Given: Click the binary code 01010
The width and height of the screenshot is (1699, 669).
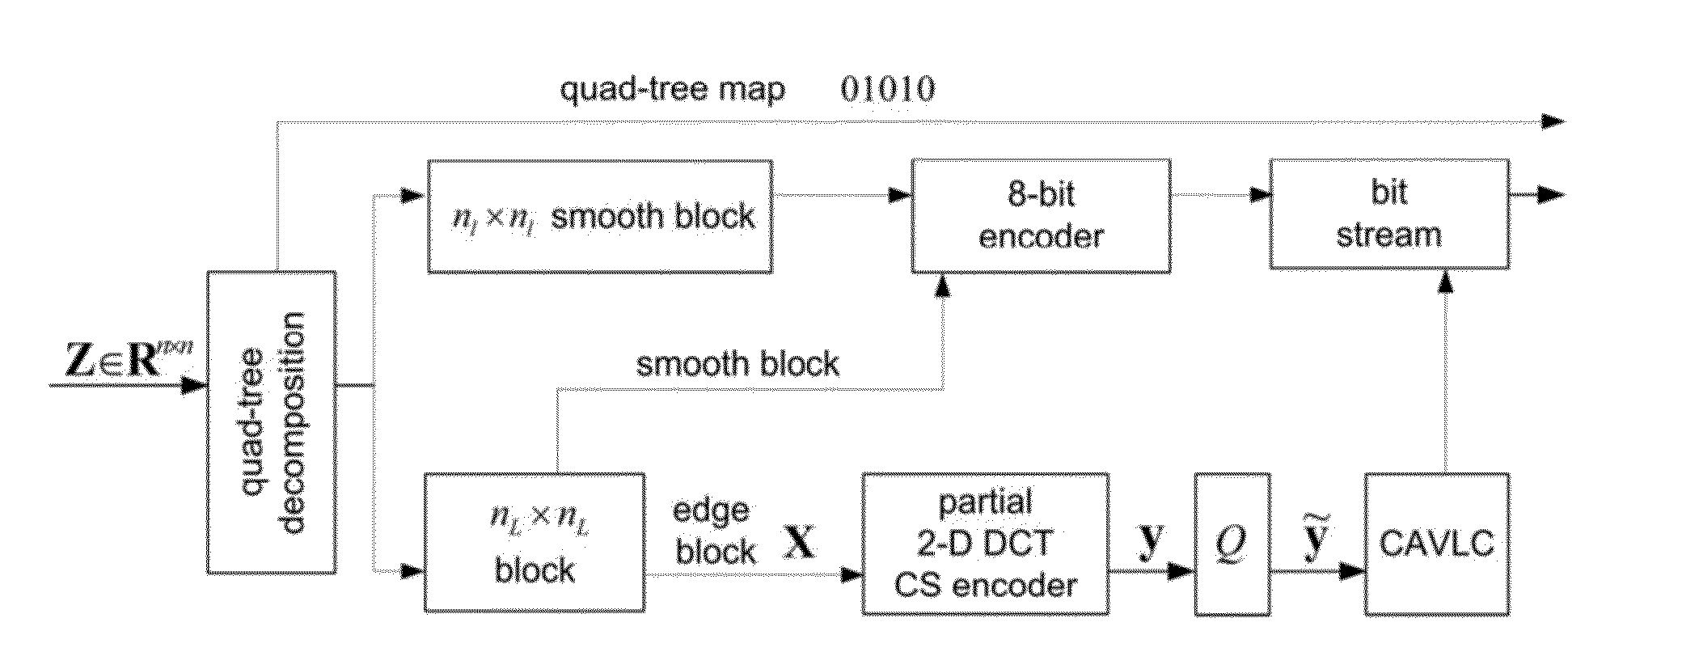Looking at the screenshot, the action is click(888, 88).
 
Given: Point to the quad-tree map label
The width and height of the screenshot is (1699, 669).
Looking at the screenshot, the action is click(672, 88).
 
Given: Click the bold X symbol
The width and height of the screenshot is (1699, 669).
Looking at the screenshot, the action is click(800, 542).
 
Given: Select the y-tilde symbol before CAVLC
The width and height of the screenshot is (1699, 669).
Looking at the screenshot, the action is click(1316, 536).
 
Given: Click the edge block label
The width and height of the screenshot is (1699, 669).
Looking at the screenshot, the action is click(714, 531).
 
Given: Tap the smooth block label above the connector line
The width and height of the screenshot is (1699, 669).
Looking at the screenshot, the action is click(738, 364).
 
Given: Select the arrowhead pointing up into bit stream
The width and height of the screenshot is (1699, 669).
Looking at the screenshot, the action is click(1444, 281).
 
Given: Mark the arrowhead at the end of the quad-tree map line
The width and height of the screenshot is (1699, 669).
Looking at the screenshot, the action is click(1553, 121).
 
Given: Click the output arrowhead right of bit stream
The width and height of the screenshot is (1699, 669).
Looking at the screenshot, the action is click(1552, 194).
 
